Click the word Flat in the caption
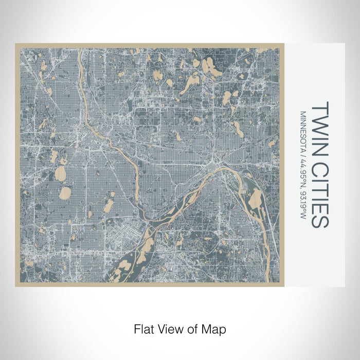tap(143, 328)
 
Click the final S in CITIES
tap(319, 222)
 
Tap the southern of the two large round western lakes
tap(65, 193)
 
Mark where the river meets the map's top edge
tap(78, 50)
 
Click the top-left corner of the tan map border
tap(16, 44)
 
